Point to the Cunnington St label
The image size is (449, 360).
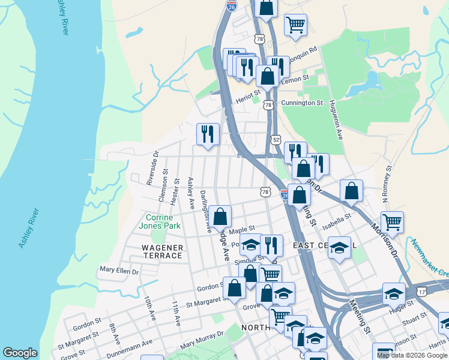[302, 103]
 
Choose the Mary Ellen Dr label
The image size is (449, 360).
[119, 271]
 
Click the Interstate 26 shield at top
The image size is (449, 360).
[231, 5]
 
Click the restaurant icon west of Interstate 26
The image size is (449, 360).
[208, 134]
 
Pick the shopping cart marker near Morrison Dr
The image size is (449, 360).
[392, 222]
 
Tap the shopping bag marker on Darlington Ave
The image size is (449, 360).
[220, 217]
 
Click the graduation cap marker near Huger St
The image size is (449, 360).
[394, 294]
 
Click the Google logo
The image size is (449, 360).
[20, 353]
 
